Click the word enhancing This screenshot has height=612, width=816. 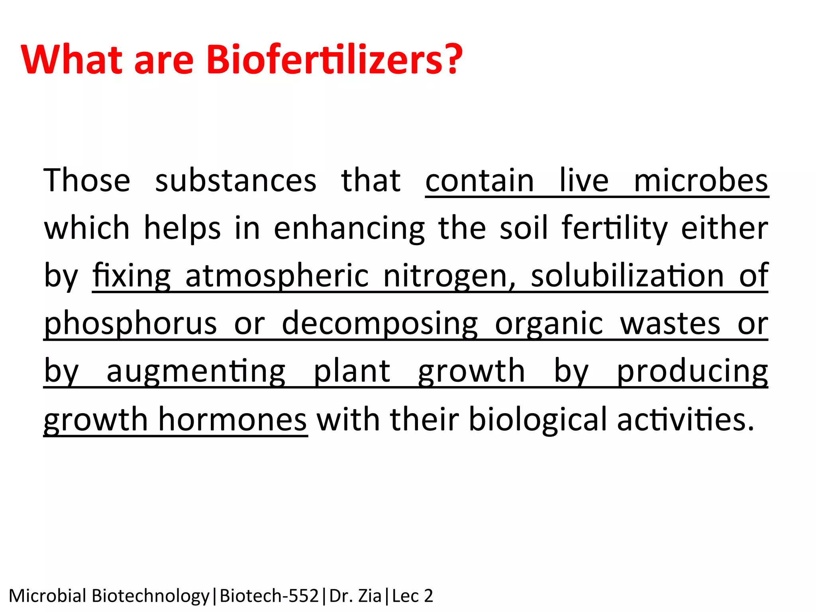(349, 229)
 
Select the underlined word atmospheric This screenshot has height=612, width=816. (277, 276)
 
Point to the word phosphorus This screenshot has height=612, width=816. (130, 324)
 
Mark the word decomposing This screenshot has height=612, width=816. (380, 324)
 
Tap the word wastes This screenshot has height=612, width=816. (670, 324)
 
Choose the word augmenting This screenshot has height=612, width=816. (196, 371)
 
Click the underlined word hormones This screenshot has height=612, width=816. (232, 419)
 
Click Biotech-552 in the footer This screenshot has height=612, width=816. (269, 596)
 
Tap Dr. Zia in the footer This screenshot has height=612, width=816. (355, 596)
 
